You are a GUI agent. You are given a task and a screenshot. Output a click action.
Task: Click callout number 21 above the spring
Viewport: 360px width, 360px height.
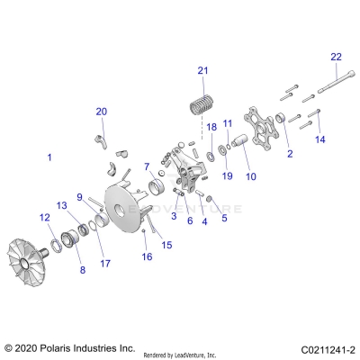[x=202, y=71]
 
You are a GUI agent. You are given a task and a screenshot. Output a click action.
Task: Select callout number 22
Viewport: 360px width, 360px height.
[x=337, y=57]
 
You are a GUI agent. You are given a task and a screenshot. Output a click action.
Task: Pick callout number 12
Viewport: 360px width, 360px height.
[x=43, y=216]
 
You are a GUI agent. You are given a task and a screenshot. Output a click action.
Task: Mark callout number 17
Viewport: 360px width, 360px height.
[x=105, y=264]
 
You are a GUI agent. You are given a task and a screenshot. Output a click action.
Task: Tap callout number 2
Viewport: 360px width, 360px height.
[x=290, y=154]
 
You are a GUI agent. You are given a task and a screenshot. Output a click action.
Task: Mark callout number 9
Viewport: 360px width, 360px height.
[x=79, y=197]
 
